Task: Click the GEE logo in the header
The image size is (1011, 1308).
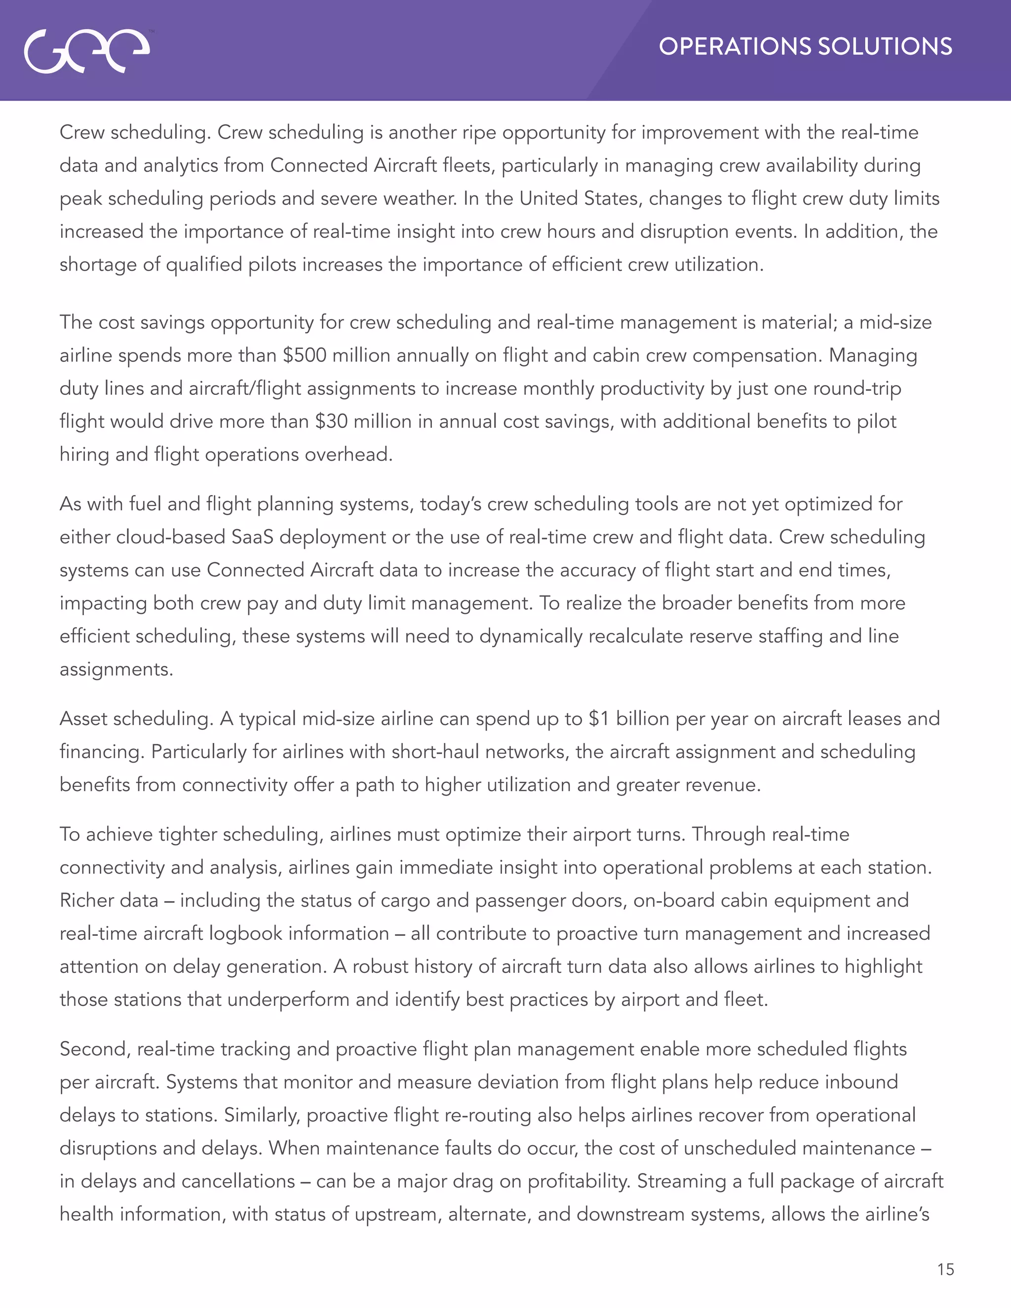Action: (x=87, y=51)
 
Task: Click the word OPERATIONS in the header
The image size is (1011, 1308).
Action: (x=734, y=47)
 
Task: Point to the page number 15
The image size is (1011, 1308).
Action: (x=945, y=1270)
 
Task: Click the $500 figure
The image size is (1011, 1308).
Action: (x=305, y=355)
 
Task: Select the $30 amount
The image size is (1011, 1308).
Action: (x=331, y=421)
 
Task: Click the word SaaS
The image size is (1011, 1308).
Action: (x=252, y=537)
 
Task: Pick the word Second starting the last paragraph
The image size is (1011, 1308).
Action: (x=95, y=1049)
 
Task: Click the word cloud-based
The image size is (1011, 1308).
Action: (x=171, y=537)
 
